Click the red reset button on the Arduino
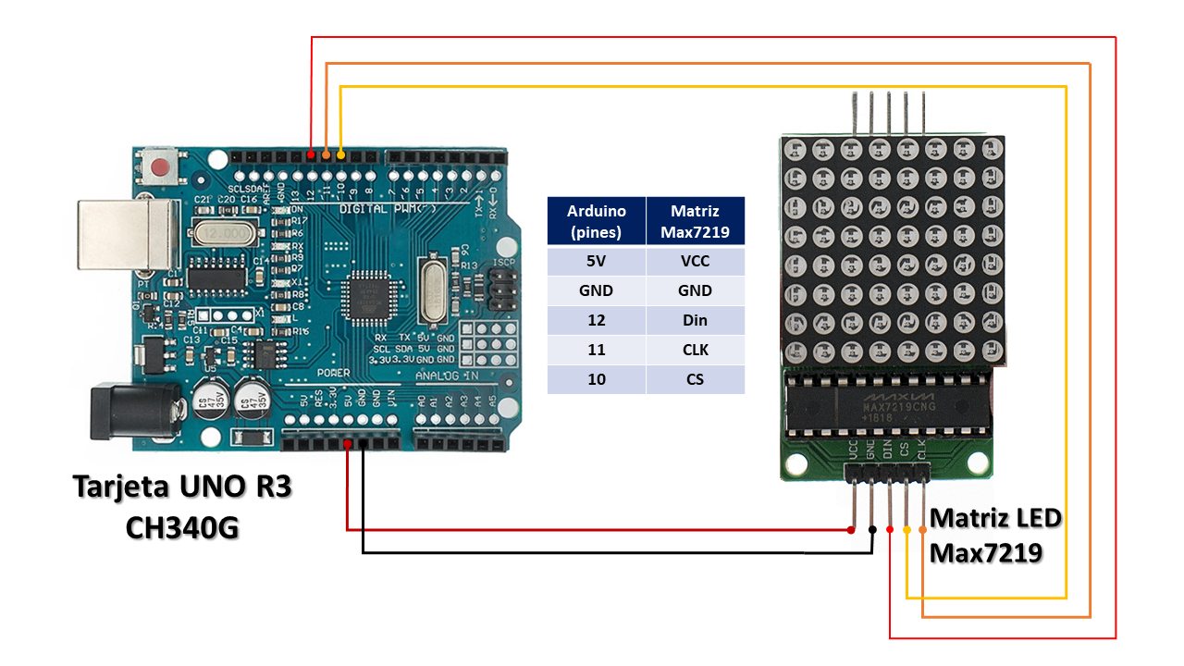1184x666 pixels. (x=162, y=168)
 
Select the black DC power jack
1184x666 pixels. (x=129, y=413)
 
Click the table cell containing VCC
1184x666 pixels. (x=695, y=261)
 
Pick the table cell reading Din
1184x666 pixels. (x=695, y=320)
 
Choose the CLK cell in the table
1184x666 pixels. (x=695, y=350)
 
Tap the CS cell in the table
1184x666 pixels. (x=695, y=379)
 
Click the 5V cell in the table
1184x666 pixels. (x=597, y=261)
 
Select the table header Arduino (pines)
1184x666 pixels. (x=597, y=222)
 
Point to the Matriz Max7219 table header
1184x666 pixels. (x=695, y=222)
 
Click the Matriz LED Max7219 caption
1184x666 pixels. (x=995, y=535)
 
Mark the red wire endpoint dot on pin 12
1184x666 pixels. (x=311, y=154)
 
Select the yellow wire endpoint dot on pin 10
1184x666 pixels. (x=341, y=154)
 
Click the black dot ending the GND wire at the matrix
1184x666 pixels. (x=872, y=530)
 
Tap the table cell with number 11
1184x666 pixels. (x=597, y=350)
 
